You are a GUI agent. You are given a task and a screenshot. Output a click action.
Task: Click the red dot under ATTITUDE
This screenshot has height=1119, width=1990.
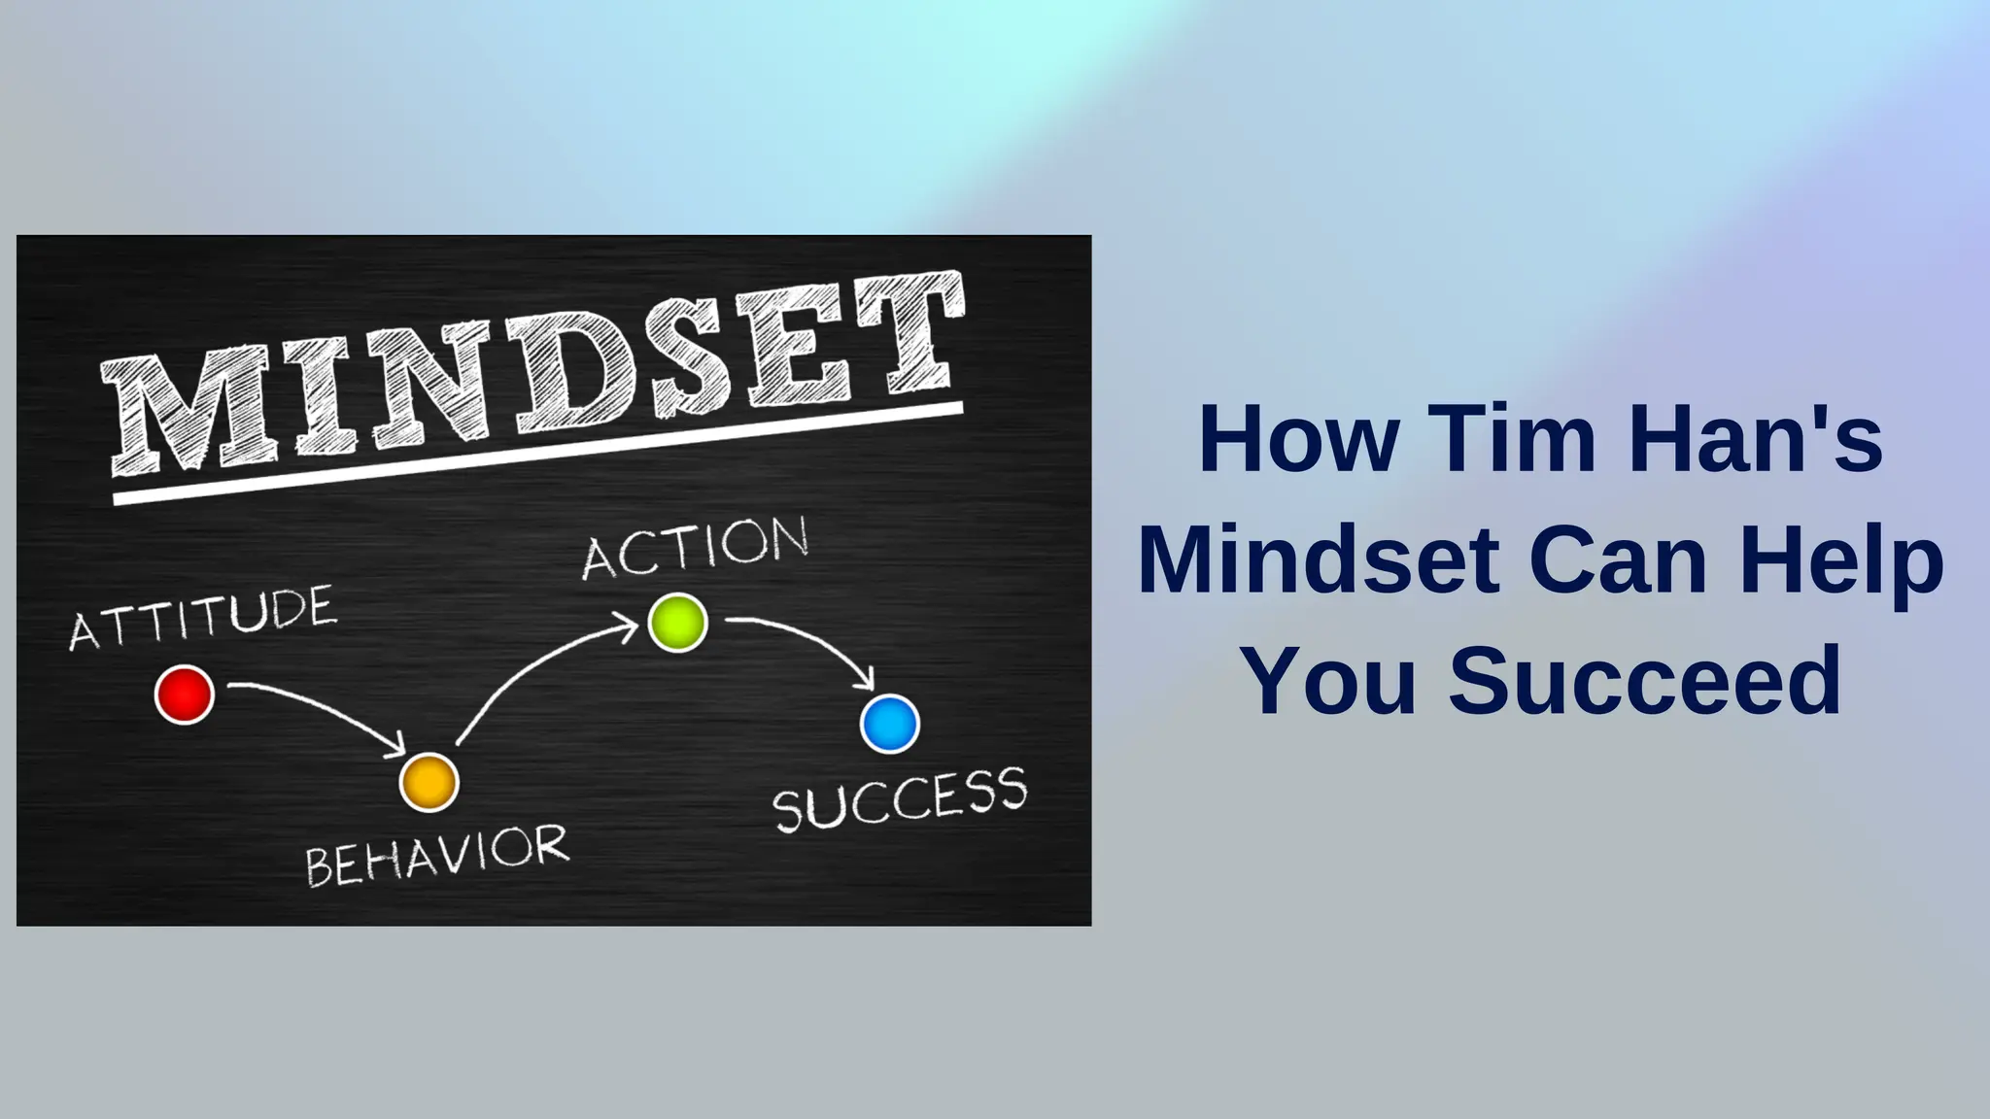click(185, 695)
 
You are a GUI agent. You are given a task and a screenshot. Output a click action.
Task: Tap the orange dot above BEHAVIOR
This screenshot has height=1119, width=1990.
click(429, 782)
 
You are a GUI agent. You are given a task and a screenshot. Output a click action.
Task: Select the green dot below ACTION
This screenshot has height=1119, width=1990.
click(677, 623)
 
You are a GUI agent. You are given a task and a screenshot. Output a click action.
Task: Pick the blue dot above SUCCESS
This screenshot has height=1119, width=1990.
click(889, 724)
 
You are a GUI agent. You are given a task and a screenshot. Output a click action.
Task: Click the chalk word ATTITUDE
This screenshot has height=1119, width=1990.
click(203, 618)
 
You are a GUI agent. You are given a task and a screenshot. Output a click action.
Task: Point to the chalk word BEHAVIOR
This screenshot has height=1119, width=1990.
click(437, 855)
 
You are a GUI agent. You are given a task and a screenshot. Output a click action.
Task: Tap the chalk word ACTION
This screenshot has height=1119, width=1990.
click(696, 548)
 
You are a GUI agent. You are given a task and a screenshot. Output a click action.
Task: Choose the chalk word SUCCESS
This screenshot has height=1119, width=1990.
click(900, 799)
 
